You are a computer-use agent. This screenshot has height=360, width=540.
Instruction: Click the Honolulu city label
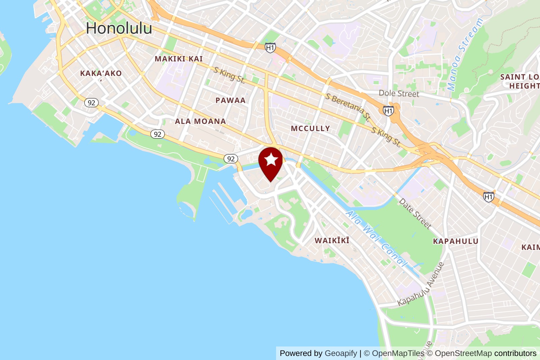tap(119, 28)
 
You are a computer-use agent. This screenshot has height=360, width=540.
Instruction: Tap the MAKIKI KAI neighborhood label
tap(179, 59)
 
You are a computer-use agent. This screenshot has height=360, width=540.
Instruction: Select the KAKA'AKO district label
tap(101, 73)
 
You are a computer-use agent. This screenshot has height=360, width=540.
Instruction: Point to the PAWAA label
tap(231, 100)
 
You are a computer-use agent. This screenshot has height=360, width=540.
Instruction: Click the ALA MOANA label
tap(200, 121)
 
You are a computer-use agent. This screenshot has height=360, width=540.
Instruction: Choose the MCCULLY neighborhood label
tap(310, 128)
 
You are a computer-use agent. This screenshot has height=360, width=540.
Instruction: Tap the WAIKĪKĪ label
tap(332, 240)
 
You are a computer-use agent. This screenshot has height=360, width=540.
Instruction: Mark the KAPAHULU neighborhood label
tap(456, 241)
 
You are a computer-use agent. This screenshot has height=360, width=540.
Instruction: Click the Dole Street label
tap(399, 93)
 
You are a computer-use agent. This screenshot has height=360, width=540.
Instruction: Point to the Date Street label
tap(415, 213)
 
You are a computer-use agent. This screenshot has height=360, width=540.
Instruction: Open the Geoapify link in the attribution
tap(341, 353)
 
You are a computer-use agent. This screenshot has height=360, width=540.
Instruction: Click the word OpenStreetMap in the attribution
tap(463, 353)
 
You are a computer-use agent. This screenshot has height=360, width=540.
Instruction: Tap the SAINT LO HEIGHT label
tap(520, 81)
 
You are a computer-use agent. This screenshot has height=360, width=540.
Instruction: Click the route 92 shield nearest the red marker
tap(231, 159)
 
